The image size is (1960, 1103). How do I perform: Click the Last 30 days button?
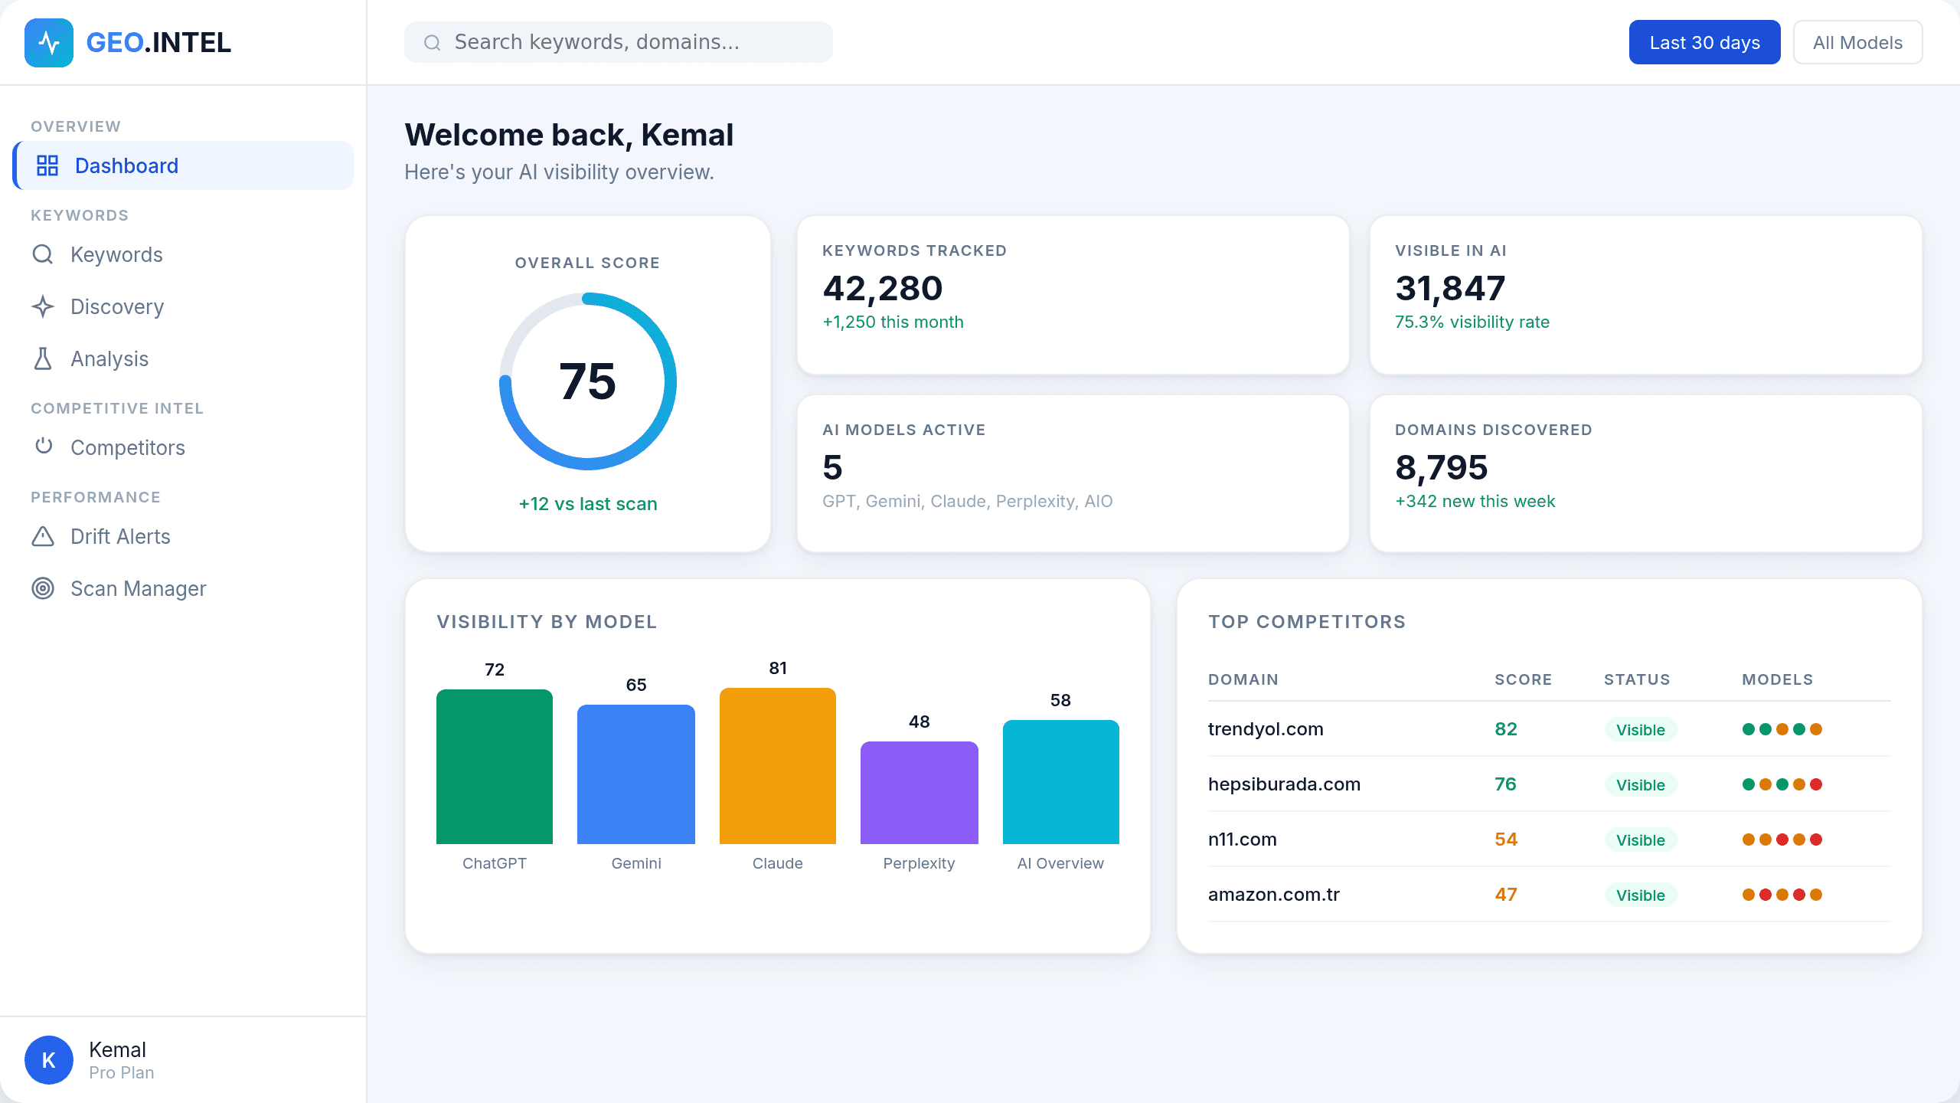1704,43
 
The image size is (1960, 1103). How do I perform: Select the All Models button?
1857,43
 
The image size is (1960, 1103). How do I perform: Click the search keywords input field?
619,42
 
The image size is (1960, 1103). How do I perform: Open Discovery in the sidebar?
116,307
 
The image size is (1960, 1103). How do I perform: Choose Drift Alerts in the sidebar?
120,537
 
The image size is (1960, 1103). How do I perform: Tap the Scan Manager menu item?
138,589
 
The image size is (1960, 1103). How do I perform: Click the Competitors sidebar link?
127,448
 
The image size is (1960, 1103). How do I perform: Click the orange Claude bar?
777,766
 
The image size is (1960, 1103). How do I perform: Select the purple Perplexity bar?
919,793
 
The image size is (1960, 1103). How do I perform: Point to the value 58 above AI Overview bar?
1060,700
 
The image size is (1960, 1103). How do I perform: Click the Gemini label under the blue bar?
635,863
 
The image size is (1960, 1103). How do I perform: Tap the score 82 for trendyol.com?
1505,729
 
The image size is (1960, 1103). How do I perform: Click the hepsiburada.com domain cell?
1284,784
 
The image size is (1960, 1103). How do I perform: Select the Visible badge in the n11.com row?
1640,840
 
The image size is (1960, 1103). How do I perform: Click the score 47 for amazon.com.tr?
1505,895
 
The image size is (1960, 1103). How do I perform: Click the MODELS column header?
1777,679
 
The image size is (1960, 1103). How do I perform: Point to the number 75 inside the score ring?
587,381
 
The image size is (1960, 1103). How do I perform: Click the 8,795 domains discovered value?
1441,467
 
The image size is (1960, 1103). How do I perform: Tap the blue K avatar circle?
49,1060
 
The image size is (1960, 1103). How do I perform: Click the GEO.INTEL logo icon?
49,43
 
